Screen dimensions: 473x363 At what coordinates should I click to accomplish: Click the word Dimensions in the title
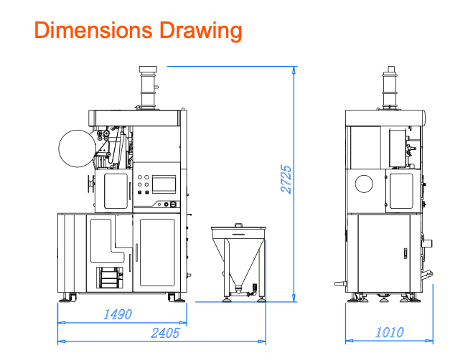pos(93,30)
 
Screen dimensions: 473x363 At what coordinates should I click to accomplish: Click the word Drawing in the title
pos(200,31)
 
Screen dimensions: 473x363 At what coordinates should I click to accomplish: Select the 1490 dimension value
pos(117,314)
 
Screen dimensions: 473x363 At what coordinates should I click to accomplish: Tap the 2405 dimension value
pos(165,333)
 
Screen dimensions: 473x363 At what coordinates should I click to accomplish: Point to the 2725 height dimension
pos(286,179)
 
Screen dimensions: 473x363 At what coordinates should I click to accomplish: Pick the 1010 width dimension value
pos(390,332)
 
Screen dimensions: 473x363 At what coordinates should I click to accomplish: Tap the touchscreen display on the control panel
pos(164,184)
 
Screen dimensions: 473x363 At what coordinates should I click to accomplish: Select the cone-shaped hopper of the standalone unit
pos(238,260)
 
